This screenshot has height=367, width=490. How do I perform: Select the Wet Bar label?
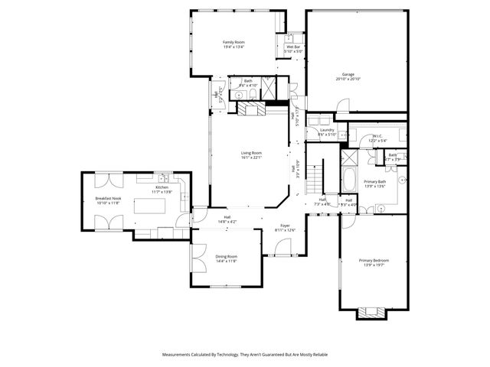pyautogui.click(x=294, y=47)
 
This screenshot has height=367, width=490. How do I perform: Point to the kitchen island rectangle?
pyautogui.click(x=149, y=206)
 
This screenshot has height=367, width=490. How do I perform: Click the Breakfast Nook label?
pyautogui.click(x=108, y=198)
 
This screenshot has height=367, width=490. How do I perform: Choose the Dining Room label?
pyautogui.click(x=226, y=256)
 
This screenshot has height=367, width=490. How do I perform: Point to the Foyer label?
pyautogui.click(x=285, y=226)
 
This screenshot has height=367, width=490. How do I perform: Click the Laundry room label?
pyautogui.click(x=327, y=130)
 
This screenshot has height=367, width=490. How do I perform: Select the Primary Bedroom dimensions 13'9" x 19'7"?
pyautogui.click(x=374, y=265)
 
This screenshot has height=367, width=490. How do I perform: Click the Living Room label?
pyautogui.click(x=251, y=153)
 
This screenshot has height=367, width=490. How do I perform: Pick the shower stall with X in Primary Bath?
pyautogui.click(x=349, y=158)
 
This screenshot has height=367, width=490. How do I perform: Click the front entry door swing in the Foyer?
pyautogui.click(x=283, y=246)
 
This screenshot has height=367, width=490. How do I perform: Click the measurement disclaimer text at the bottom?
pyautogui.click(x=245, y=355)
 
